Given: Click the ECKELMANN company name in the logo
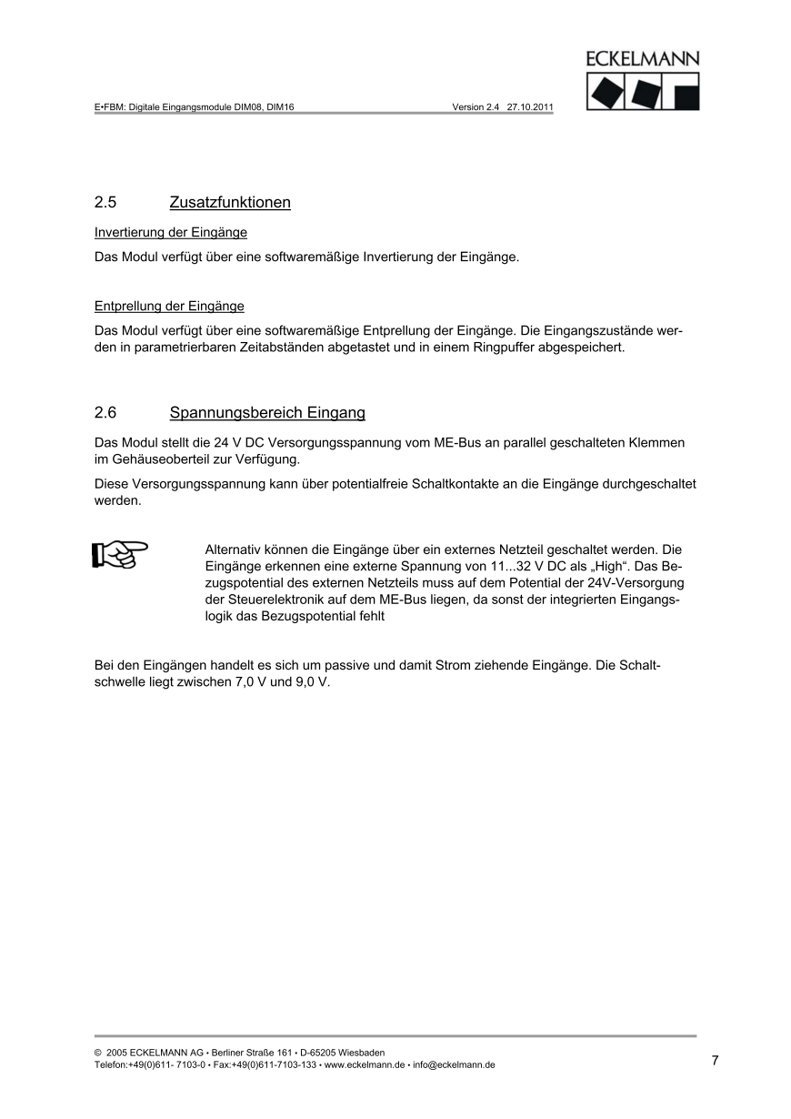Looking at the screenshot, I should click(x=644, y=60).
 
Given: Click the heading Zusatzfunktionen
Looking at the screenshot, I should click(x=230, y=202).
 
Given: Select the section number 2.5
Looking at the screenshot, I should click(x=105, y=202).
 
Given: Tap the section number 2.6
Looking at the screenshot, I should click(x=105, y=413).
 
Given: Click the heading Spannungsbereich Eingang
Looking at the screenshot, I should click(x=267, y=413).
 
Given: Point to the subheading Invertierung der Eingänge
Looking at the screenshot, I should click(x=171, y=232).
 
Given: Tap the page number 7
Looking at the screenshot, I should click(x=715, y=1060).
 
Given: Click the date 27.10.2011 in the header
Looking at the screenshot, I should click(x=530, y=106).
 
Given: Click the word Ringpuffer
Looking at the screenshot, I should click(x=504, y=347).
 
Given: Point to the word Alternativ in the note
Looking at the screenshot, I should click(x=234, y=549).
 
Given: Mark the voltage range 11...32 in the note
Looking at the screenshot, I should click(x=510, y=566).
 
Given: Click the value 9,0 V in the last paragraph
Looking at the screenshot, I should click(x=311, y=681).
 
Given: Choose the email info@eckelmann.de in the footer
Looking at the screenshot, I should click(x=455, y=1064).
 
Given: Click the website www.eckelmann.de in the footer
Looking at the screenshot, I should click(x=365, y=1064).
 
